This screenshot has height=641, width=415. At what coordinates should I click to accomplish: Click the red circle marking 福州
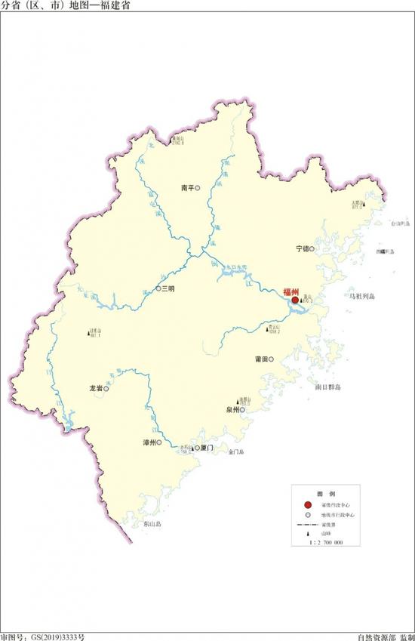click(295, 300)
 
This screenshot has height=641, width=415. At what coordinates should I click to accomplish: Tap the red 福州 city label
click(290, 291)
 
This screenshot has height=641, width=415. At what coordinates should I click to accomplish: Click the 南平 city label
click(188, 189)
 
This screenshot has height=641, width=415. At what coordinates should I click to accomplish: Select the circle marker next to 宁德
click(312, 248)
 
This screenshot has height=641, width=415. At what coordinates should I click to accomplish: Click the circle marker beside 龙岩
click(106, 390)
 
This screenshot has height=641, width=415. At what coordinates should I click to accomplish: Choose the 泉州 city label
click(232, 410)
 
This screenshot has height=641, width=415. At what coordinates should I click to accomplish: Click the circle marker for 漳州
click(160, 442)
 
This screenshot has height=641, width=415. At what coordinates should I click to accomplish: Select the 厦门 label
click(207, 448)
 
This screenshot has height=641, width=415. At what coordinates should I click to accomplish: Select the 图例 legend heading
click(321, 490)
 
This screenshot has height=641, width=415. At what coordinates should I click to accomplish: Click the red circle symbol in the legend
click(307, 504)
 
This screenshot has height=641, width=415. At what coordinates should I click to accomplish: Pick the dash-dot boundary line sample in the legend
click(306, 523)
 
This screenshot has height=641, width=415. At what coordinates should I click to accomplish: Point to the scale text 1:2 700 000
click(322, 543)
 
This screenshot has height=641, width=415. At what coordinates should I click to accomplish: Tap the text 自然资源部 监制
click(386, 636)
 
